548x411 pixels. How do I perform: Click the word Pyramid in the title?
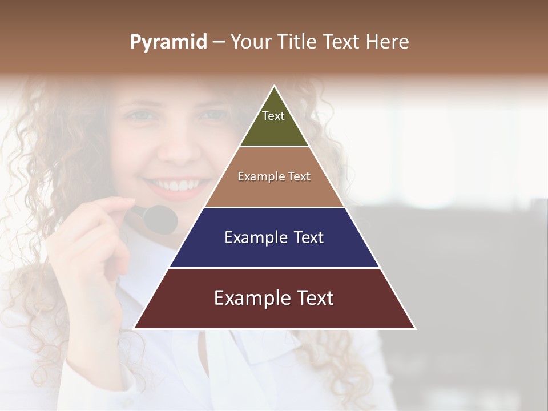(x=168, y=42)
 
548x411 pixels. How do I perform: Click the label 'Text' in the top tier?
(x=273, y=116)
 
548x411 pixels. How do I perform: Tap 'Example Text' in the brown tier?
(x=274, y=176)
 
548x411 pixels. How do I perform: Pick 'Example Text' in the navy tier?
(x=274, y=237)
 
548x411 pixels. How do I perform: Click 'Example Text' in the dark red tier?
(x=274, y=298)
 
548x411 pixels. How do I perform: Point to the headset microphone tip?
(x=161, y=219)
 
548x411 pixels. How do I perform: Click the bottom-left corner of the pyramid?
(x=134, y=328)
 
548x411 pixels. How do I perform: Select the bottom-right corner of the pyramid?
(x=415, y=328)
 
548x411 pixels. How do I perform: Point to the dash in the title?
(x=219, y=42)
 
